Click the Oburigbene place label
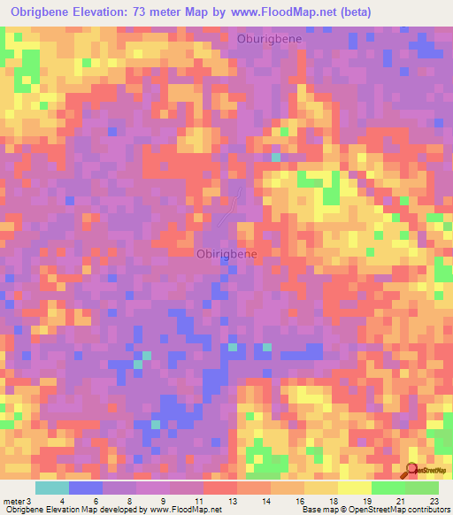[269, 39]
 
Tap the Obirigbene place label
[226, 254]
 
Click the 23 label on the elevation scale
[433, 502]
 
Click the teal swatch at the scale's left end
[52, 488]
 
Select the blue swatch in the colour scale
[86, 488]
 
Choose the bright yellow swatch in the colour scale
[355, 488]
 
